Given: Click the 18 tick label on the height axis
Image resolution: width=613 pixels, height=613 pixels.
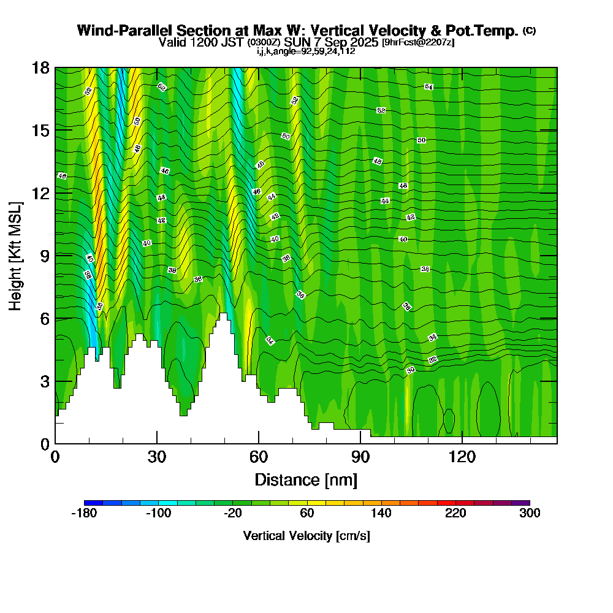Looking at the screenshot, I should point(41,68).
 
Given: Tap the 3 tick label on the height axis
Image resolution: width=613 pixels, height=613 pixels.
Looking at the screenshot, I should point(45,381).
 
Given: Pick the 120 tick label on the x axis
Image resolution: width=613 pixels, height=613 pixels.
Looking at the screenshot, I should point(462,457).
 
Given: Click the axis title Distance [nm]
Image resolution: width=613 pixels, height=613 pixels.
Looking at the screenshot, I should point(306,479).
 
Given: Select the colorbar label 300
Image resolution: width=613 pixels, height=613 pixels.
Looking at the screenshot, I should point(530,514).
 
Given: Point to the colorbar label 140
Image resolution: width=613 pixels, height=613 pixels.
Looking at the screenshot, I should point(381,514).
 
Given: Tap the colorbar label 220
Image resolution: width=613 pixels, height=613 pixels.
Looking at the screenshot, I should point(455,514).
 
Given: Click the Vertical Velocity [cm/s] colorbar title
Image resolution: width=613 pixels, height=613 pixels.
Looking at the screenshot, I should point(306,536).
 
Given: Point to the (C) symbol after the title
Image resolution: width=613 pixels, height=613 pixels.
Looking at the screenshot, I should point(529,31).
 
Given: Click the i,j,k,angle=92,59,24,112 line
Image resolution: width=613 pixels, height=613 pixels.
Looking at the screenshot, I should point(306,51).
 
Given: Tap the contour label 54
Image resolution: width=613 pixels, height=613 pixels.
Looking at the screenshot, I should point(429,87).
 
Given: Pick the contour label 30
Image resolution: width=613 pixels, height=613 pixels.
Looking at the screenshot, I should point(411,370).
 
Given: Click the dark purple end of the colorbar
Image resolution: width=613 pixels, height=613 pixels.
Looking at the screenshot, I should point(520,503).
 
